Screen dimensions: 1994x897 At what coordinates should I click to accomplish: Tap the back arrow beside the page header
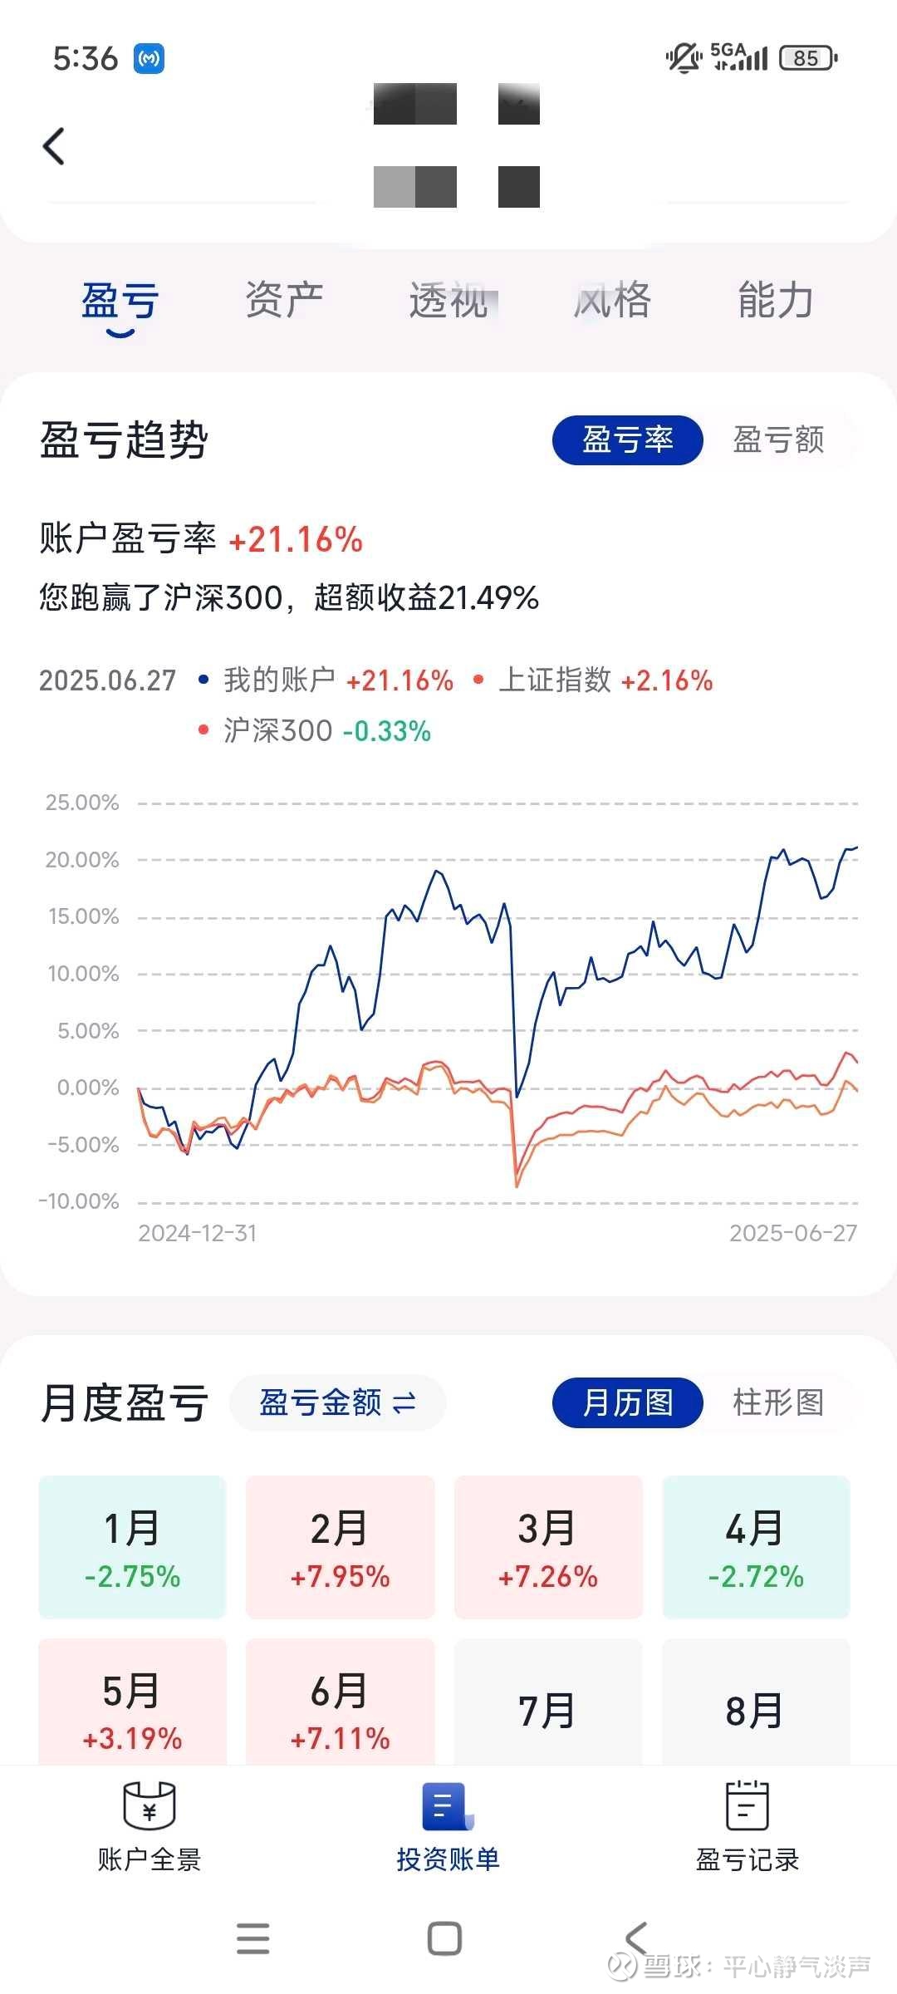tap(54, 147)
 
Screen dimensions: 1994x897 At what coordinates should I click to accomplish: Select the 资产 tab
tap(284, 300)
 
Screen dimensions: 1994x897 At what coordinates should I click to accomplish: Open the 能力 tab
tap(776, 300)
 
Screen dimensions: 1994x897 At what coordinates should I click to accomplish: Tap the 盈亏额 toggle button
tap(778, 440)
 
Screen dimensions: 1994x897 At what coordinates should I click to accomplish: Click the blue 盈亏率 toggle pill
tap(628, 440)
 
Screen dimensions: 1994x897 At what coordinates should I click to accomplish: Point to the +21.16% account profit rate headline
tap(296, 540)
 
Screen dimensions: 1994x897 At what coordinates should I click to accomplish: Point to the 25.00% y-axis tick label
tap(81, 803)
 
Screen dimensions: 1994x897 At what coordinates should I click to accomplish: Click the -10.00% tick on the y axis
tap(79, 1201)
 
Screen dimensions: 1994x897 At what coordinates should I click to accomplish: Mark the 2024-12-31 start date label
tap(198, 1233)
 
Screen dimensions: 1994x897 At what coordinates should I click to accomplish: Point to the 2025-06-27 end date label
tap(792, 1233)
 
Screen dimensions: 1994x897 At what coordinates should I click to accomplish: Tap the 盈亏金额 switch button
tap(337, 1403)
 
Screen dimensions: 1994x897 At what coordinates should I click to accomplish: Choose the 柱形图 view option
tap(778, 1402)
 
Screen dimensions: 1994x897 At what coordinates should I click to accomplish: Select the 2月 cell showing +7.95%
tap(341, 1547)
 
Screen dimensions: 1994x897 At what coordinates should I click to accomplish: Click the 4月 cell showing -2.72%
tap(756, 1547)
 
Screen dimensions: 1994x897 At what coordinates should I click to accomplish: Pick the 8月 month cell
tap(756, 1710)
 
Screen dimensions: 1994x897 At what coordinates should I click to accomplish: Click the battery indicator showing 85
tap(807, 58)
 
